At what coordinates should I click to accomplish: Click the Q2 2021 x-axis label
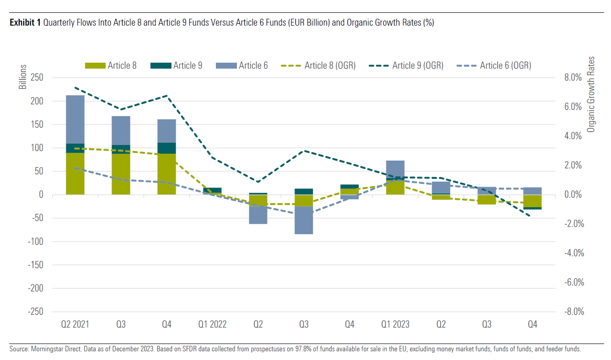pyautogui.click(x=75, y=324)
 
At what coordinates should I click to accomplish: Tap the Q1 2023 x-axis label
pyautogui.click(x=395, y=324)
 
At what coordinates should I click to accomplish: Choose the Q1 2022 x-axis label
pyautogui.click(x=212, y=324)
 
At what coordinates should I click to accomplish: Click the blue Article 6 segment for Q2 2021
pyautogui.click(x=75, y=119)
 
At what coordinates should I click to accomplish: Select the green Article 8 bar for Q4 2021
pyautogui.click(x=166, y=174)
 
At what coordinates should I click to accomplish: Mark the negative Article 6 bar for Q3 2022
pyautogui.click(x=304, y=220)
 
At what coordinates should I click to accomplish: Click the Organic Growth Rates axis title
pyautogui.click(x=591, y=95)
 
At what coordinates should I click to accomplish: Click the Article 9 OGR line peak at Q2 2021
pyautogui.click(x=75, y=87)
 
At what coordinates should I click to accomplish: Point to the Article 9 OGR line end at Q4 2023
pyautogui.click(x=531, y=216)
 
